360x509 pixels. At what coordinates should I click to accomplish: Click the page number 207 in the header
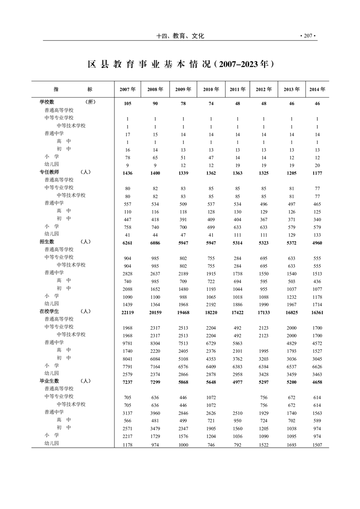(x=307, y=36)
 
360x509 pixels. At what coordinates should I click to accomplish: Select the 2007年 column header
(x=128, y=89)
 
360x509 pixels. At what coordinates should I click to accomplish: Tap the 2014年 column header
(x=317, y=89)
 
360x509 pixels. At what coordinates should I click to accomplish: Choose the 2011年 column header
(x=238, y=89)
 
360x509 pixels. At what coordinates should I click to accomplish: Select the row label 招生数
(x=47, y=242)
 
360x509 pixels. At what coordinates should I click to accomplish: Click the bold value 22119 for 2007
(x=128, y=312)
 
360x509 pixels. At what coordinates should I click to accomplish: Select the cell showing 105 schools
(x=128, y=103)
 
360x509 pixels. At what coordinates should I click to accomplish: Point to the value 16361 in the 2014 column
(x=317, y=312)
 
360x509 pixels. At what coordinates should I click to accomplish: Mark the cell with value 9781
(x=128, y=343)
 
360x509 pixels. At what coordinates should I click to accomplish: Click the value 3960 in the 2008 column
(x=155, y=413)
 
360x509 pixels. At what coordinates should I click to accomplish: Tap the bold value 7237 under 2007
(x=128, y=382)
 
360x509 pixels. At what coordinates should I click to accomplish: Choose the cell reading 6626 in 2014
(x=317, y=367)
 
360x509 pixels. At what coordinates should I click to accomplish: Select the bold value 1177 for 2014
(x=317, y=173)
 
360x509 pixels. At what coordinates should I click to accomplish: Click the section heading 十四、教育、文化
(x=180, y=36)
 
